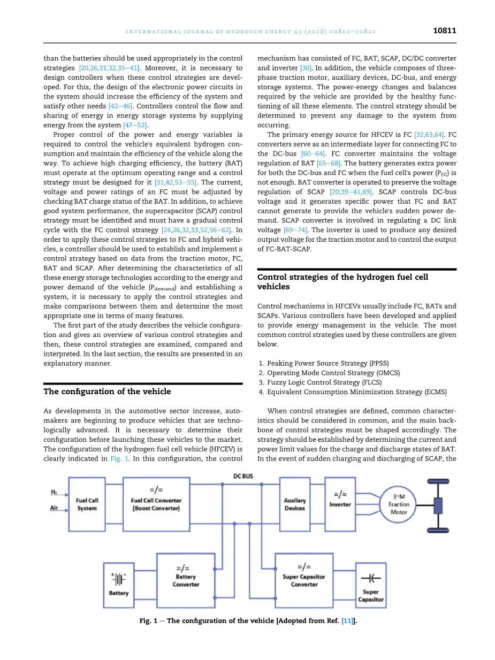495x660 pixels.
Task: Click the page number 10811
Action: click(x=444, y=31)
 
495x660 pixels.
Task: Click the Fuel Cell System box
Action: click(x=87, y=504)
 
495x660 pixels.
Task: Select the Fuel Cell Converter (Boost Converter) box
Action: click(x=156, y=504)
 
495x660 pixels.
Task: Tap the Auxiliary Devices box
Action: click(x=294, y=504)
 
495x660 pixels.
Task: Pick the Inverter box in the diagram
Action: click(x=340, y=504)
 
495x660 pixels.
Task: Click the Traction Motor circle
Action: click(x=398, y=504)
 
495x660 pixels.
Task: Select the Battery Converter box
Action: click(x=186, y=580)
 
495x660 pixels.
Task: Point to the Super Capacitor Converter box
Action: click(x=304, y=580)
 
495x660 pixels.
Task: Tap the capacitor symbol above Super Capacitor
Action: click(x=370, y=578)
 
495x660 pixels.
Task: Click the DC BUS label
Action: click(x=244, y=475)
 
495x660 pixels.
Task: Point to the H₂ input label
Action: click(x=54, y=491)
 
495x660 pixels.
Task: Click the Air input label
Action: click(x=54, y=508)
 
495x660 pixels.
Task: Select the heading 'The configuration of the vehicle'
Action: click(x=107, y=392)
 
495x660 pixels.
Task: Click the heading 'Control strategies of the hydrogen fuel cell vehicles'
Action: click(x=342, y=282)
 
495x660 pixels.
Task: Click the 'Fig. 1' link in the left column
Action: click(x=119, y=458)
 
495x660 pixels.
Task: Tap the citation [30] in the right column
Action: click(x=306, y=68)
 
